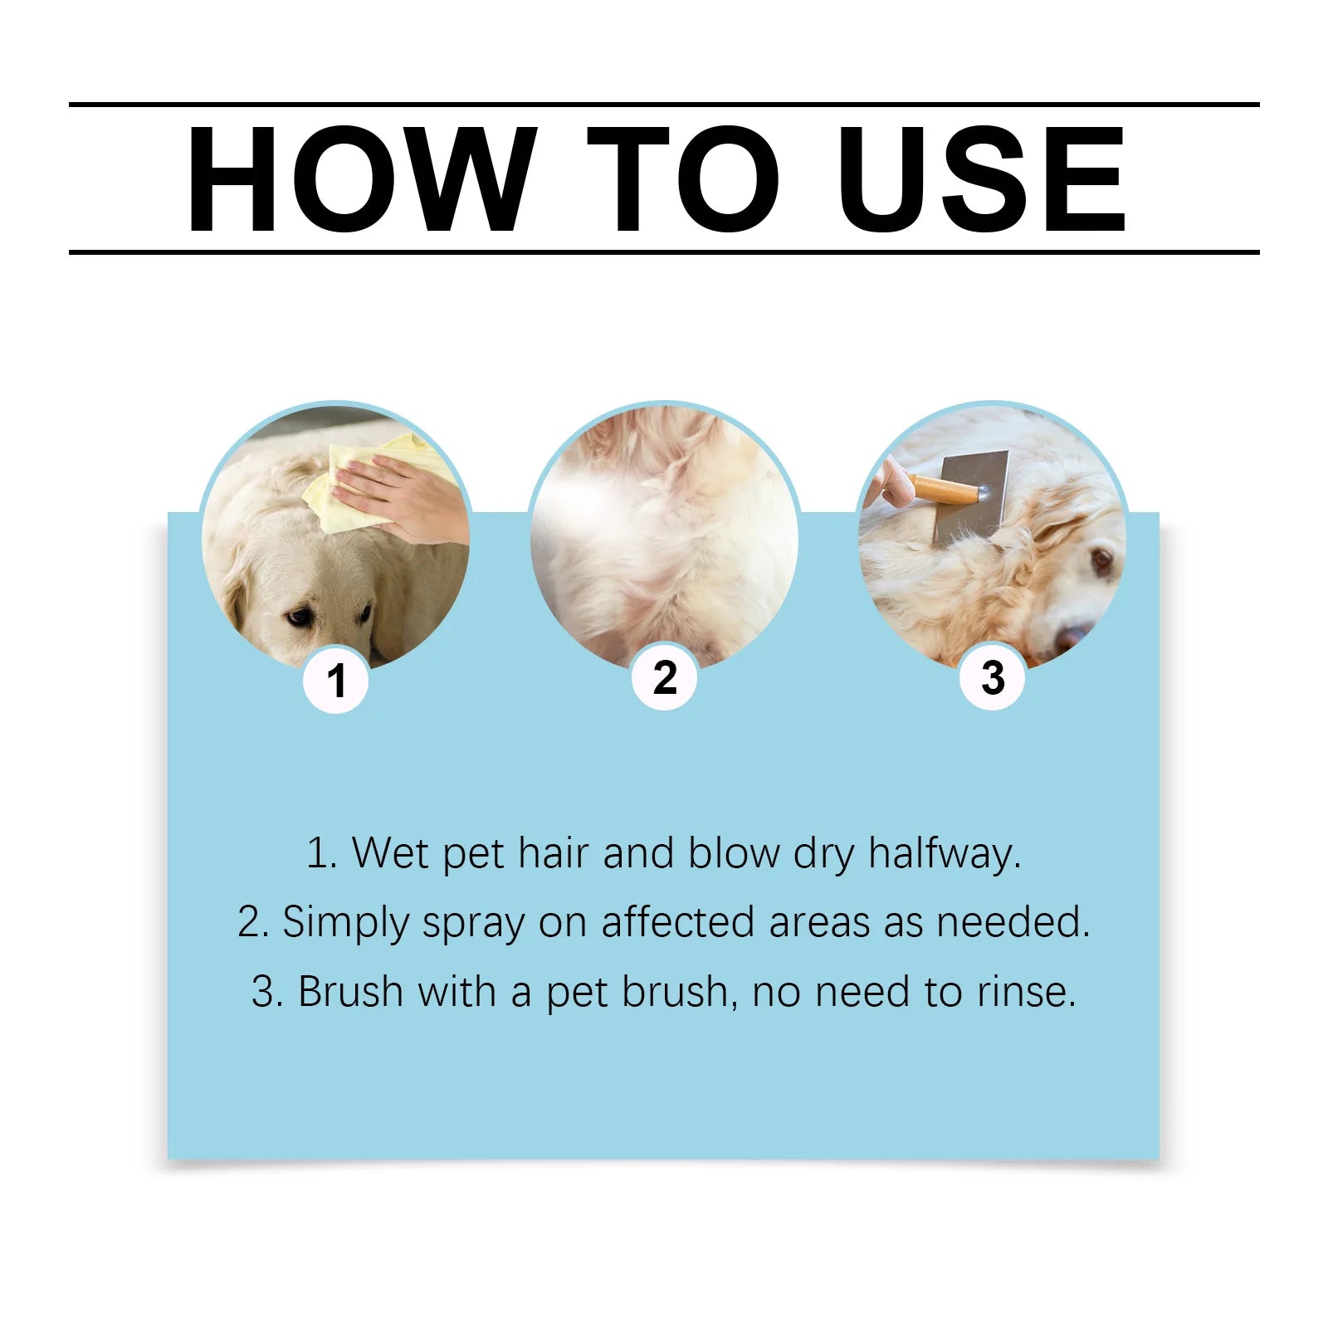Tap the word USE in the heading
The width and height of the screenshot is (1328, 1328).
pyautogui.click(x=981, y=178)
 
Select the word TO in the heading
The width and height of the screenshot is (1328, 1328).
pyautogui.click(x=682, y=178)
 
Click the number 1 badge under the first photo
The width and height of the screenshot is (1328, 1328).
pyautogui.click(x=335, y=681)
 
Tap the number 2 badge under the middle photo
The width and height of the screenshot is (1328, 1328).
pyautogui.click(x=664, y=678)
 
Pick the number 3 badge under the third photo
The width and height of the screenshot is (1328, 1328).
pyautogui.click(x=993, y=678)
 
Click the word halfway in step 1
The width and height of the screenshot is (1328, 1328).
pyautogui.click(x=944, y=853)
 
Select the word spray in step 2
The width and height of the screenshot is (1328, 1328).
pyautogui.click(x=473, y=923)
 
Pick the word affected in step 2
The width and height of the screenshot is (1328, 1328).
pyautogui.click(x=677, y=922)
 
